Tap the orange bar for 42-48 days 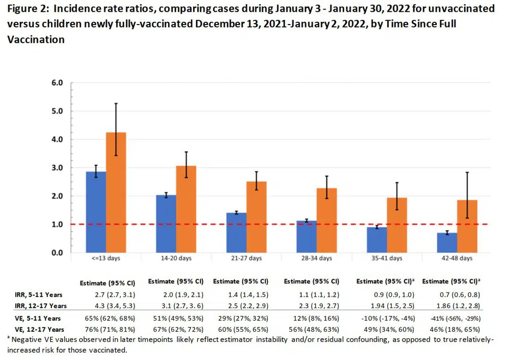click(467, 226)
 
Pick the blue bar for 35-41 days click(377, 240)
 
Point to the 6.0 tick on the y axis click(57, 83)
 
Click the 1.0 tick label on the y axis click(57, 224)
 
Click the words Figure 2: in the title click(29, 9)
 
